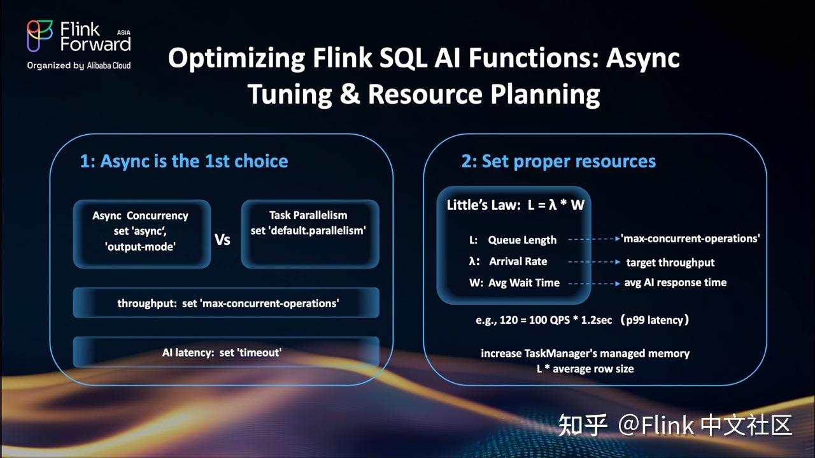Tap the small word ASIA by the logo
point(124,31)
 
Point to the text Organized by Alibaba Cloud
point(79,65)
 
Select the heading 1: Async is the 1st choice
point(184,161)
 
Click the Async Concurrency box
point(141,233)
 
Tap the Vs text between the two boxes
point(222,240)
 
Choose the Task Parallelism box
point(309,233)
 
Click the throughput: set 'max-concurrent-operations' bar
point(227,303)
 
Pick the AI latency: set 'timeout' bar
point(227,352)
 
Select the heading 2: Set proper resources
point(558,161)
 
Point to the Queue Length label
point(522,240)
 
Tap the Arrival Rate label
point(518,261)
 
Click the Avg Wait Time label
point(524,282)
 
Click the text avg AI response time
point(675,282)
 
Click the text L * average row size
point(585,368)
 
